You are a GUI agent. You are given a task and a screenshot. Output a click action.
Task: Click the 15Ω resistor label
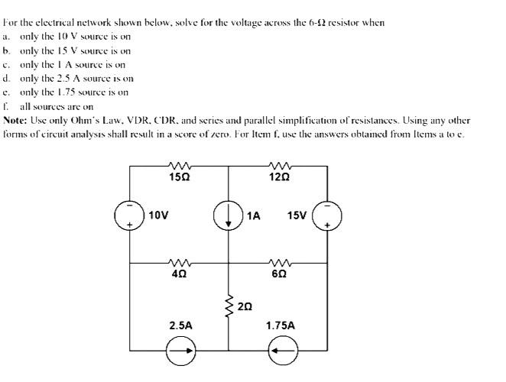(180, 178)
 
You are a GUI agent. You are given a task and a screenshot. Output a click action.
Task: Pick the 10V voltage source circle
(129, 215)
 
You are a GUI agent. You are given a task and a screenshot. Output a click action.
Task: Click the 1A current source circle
(229, 215)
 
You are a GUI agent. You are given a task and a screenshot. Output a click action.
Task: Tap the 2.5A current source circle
(180, 352)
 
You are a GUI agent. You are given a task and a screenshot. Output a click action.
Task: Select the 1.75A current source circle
(280, 352)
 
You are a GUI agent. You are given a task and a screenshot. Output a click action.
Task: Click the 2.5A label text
(180, 325)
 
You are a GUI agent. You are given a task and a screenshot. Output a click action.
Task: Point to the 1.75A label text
(280, 325)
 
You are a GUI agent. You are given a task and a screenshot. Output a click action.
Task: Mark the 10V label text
(158, 215)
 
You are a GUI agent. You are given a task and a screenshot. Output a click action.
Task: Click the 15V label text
(297, 215)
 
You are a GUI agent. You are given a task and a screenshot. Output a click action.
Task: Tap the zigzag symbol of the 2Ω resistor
(229, 307)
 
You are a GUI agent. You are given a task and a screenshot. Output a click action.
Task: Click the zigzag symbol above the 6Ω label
(279, 262)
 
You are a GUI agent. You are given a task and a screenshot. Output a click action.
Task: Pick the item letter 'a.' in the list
(6, 35)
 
